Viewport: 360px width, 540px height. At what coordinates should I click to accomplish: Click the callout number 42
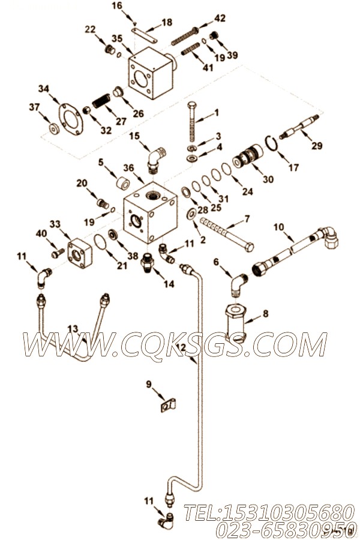pos(220,18)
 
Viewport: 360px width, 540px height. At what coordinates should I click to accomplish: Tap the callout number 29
pos(317,146)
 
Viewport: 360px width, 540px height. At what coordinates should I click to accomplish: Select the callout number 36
pos(128,168)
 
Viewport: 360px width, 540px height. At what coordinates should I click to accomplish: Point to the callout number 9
pos(149,383)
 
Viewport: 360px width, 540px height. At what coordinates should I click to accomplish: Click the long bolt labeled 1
pos(192,122)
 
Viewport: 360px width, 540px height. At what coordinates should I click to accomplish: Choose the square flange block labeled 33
pos(80,253)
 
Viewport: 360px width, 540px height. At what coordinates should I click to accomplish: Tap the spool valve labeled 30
pos(248,158)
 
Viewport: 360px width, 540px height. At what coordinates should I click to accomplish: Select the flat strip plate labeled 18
pos(145,35)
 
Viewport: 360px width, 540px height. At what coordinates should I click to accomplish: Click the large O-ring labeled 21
pos(101,242)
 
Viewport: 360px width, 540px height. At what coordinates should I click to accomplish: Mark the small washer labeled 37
pos(54,129)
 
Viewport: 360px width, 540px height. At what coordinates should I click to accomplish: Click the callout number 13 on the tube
pos(73,329)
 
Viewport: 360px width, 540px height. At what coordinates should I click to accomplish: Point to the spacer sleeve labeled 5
pos(123,184)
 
